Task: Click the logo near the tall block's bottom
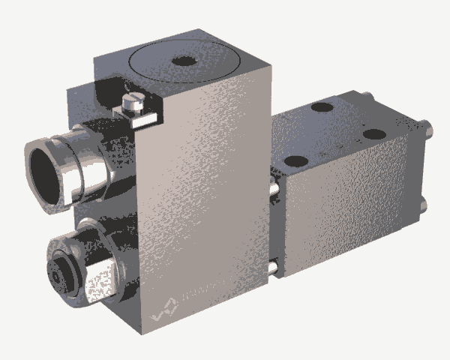(x=165, y=307)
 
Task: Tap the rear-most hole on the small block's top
(x=322, y=107)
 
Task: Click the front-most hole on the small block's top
(x=296, y=160)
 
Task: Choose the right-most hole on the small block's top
(x=373, y=135)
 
